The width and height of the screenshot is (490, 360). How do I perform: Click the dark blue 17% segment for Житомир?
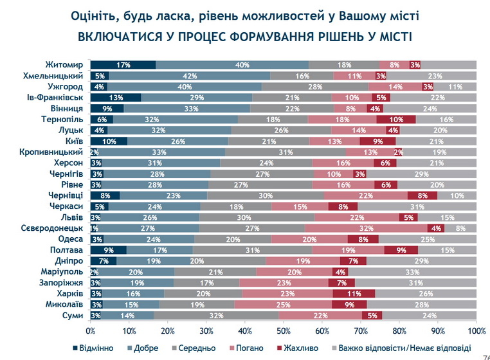pyautogui.click(x=123, y=64)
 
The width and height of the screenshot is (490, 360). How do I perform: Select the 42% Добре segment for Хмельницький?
pyautogui.click(x=190, y=75)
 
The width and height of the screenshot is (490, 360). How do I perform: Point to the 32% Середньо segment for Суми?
pyautogui.click(x=217, y=315)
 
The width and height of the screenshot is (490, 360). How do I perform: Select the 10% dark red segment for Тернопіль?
pyautogui.click(x=396, y=119)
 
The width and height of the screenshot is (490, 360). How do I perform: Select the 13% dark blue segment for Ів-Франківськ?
pyautogui.click(x=116, y=97)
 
